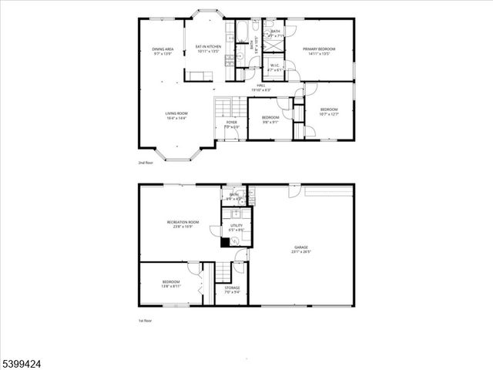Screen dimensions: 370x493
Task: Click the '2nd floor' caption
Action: (x=146, y=163)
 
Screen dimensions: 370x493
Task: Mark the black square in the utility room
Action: (x=225, y=242)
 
